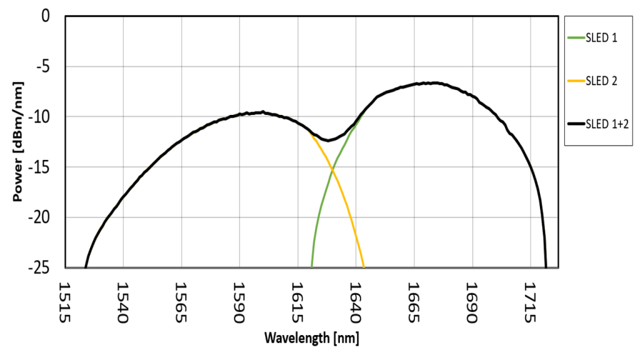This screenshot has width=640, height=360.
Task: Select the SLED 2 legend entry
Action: click(x=601, y=81)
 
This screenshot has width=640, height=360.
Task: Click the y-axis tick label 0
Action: click(x=45, y=16)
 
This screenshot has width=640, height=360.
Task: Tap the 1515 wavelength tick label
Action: click(x=64, y=301)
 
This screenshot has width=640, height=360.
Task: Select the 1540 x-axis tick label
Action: click(x=122, y=301)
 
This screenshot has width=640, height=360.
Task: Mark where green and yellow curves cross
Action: click(x=332, y=170)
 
